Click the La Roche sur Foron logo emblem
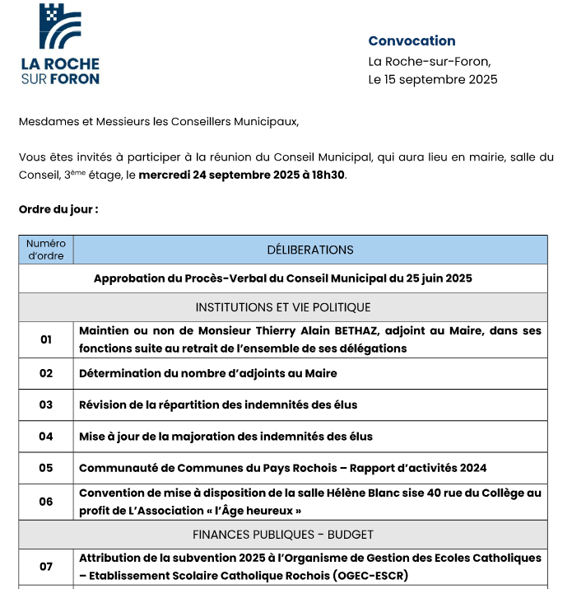60,26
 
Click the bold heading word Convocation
412,41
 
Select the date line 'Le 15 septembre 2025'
432,80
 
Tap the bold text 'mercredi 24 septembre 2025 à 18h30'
242,175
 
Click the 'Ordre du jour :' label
58,209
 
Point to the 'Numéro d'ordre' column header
46,250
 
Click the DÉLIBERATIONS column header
310,250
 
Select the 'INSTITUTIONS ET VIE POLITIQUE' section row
283,307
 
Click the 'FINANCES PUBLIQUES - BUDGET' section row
283,535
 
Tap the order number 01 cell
46,339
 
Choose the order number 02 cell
46,373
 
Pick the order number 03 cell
46,404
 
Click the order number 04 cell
46,437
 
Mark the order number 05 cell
46,468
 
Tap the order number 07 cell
46,566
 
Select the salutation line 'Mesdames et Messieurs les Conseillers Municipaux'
159,122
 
